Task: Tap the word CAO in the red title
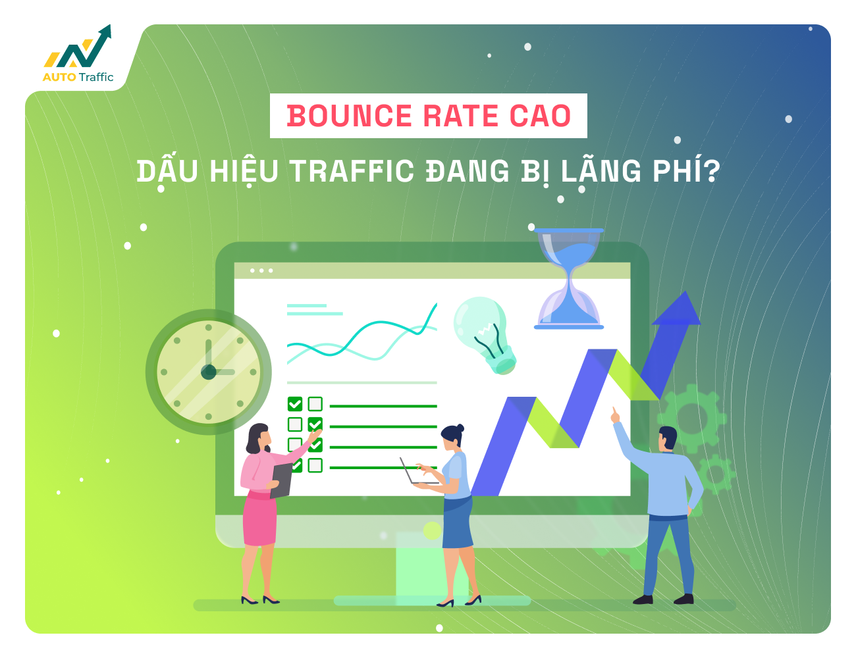click(540, 116)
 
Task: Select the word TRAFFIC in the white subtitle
click(352, 171)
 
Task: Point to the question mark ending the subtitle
click(712, 170)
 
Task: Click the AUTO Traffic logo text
click(78, 77)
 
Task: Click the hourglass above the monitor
click(568, 278)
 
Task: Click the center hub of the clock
click(208, 372)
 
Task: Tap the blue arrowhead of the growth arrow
click(677, 309)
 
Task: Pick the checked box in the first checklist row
click(294, 404)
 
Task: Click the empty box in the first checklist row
click(315, 404)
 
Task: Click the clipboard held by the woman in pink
click(281, 480)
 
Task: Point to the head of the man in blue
click(667, 438)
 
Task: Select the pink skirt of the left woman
click(259, 519)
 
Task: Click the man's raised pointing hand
click(615, 416)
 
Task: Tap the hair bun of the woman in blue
click(460, 428)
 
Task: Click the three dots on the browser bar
click(261, 270)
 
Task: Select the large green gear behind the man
click(692, 418)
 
